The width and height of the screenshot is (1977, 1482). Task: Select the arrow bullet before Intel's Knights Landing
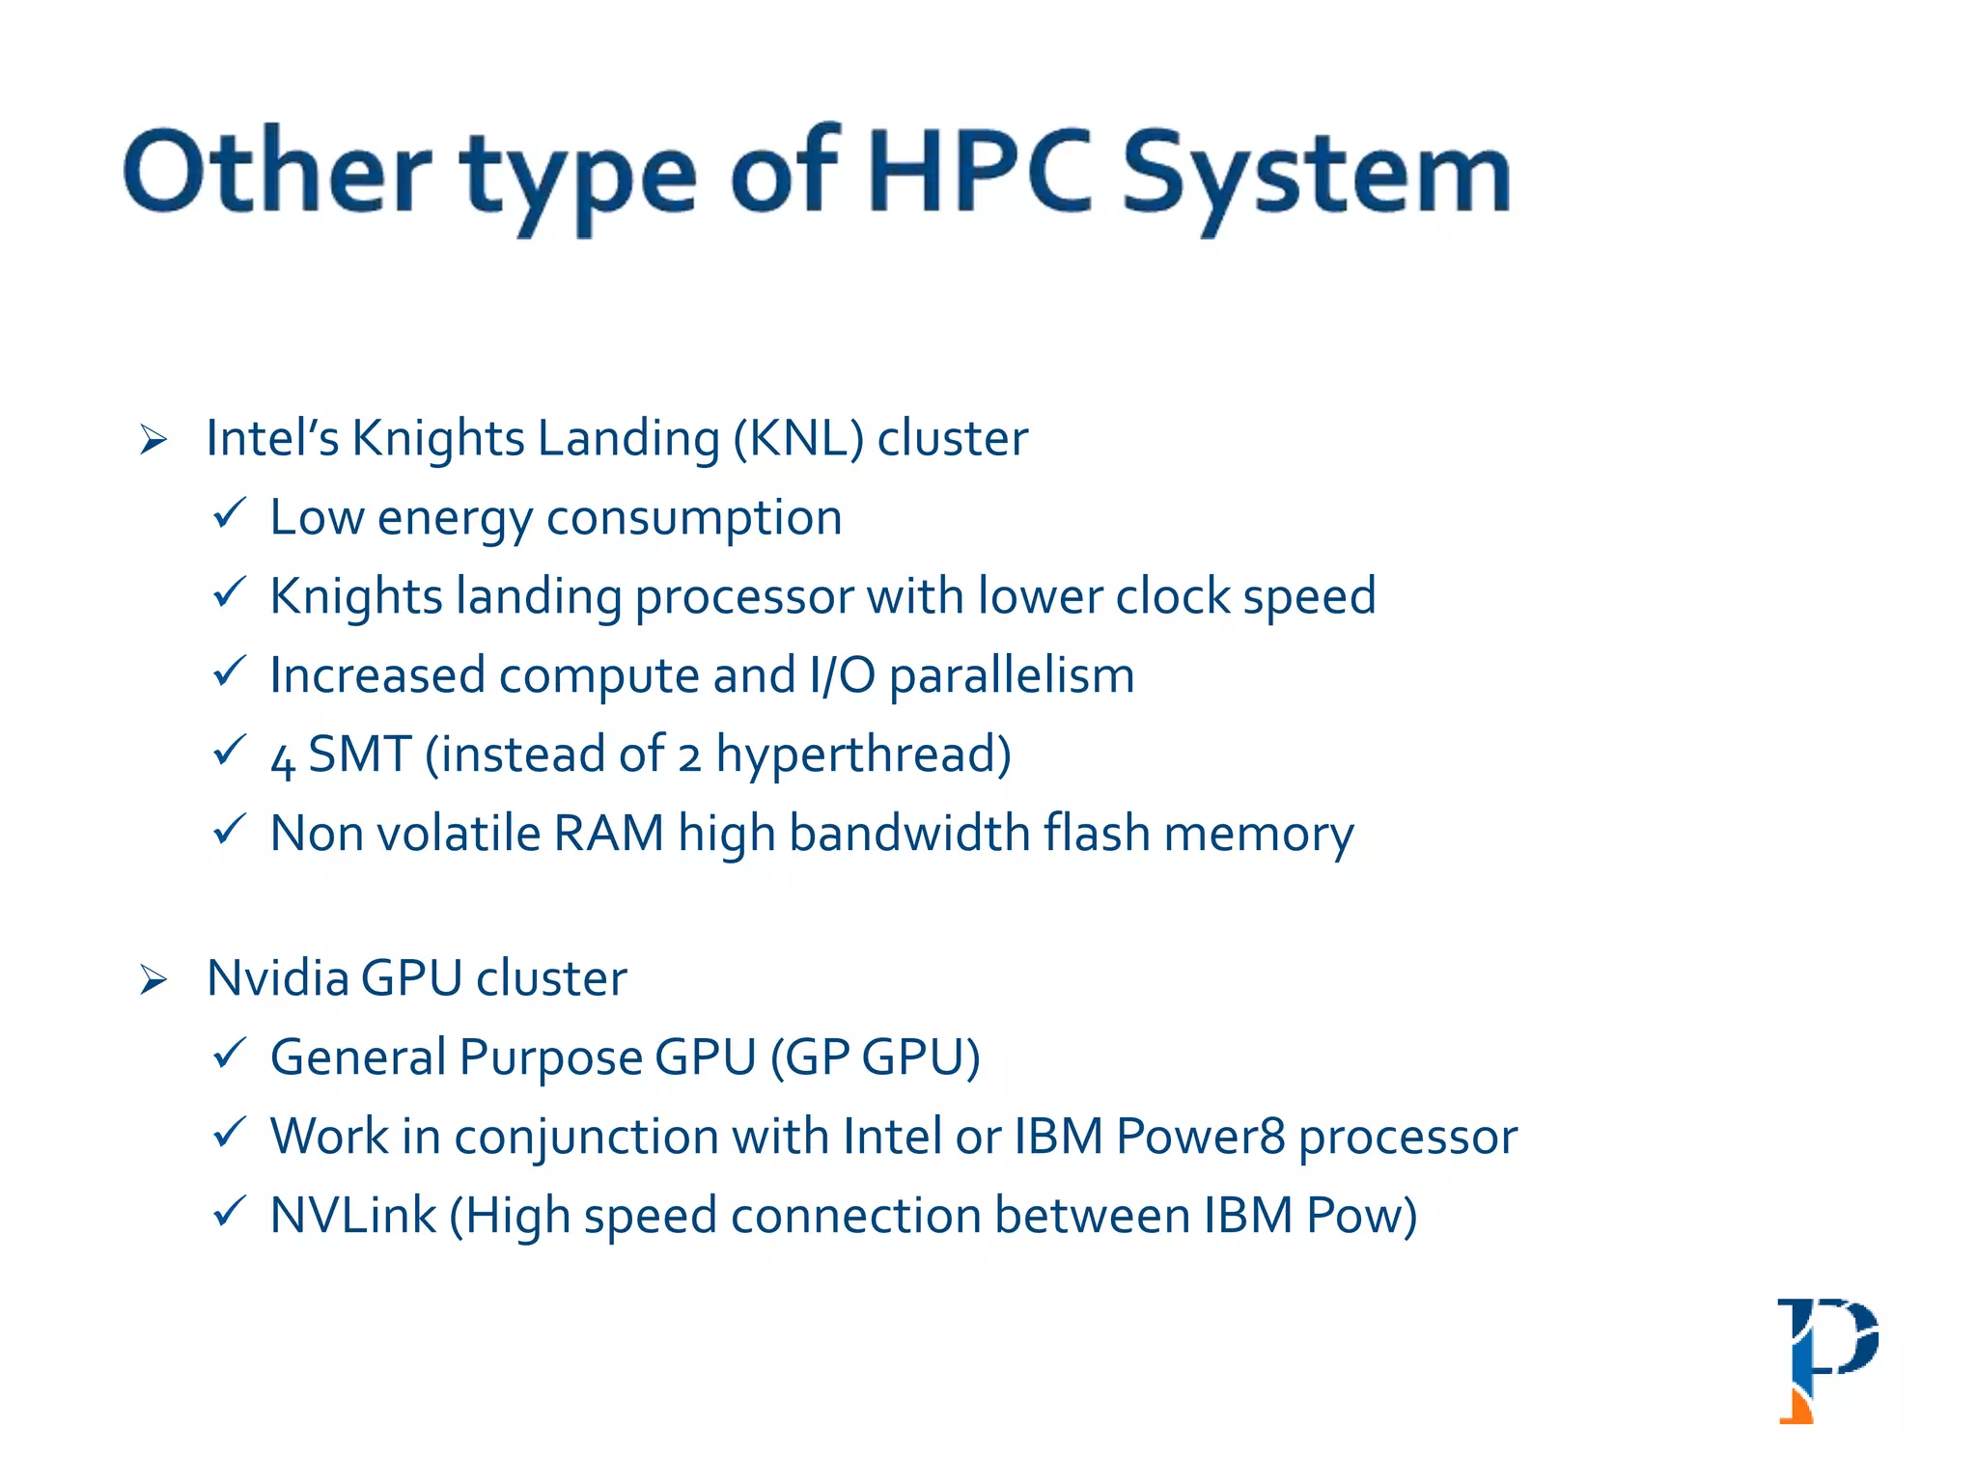click(153, 440)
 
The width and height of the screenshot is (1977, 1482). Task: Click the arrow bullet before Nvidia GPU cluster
click(153, 980)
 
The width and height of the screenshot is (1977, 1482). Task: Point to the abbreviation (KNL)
click(797, 439)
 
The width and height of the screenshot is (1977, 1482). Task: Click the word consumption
click(694, 519)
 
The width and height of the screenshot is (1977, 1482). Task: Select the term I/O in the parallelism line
click(842, 675)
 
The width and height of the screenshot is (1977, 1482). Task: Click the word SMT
click(359, 755)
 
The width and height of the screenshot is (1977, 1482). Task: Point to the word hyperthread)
click(863, 755)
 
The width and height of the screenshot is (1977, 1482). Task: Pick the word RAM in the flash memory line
click(608, 834)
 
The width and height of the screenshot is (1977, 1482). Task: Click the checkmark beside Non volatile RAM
click(229, 829)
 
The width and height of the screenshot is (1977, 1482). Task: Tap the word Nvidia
click(277, 979)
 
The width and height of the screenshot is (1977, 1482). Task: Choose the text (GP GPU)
click(875, 1058)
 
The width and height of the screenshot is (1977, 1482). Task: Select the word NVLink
click(352, 1216)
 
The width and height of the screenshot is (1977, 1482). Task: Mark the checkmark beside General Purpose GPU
click(229, 1053)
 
